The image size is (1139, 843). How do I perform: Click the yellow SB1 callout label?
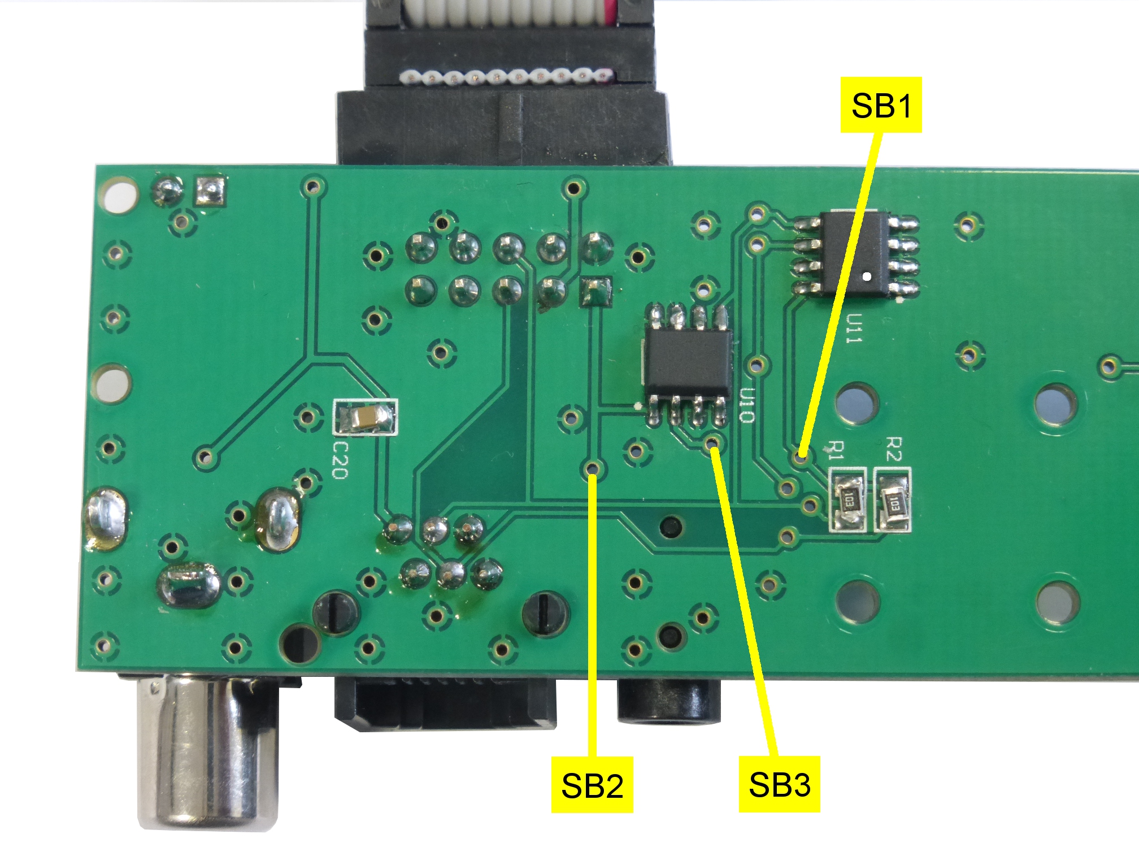point(881,105)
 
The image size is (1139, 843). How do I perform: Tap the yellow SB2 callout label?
point(592,785)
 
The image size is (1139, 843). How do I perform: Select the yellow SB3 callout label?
point(779,784)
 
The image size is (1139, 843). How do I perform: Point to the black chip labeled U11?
point(856,253)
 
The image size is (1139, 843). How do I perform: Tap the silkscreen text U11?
point(854,328)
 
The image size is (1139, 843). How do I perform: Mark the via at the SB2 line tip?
point(593,468)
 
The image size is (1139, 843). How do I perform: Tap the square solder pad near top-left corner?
point(210,191)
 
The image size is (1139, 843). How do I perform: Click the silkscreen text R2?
point(893,449)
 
